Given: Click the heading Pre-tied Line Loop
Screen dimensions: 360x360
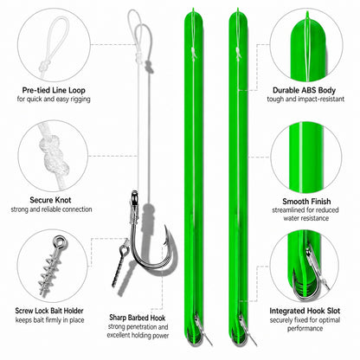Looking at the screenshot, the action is pos(54,90).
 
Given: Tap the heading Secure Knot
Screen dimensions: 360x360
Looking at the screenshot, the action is pos(50,200).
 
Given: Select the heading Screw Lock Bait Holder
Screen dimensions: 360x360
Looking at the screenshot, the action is pos(49,311).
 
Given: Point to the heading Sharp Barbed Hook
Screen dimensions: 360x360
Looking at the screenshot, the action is pos(138,318).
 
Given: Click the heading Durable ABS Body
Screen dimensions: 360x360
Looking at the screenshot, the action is pos(304,90).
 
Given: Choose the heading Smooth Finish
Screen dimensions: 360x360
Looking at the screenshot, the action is pos(306,202).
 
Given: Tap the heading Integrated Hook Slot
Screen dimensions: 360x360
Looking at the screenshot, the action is pos(305,311).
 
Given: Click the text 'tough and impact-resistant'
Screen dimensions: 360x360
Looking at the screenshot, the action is pos(305,99).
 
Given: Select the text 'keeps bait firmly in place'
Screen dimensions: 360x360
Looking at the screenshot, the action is pos(50,320).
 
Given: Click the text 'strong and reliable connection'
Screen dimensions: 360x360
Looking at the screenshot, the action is pos(51,209).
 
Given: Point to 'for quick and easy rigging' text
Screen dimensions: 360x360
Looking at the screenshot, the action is pos(54,99).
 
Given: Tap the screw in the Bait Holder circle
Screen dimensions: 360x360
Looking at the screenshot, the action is pos(52,265).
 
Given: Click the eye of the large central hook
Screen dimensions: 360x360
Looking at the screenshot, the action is pos(134,196).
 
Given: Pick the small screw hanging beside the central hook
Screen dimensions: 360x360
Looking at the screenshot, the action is pos(120,262).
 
